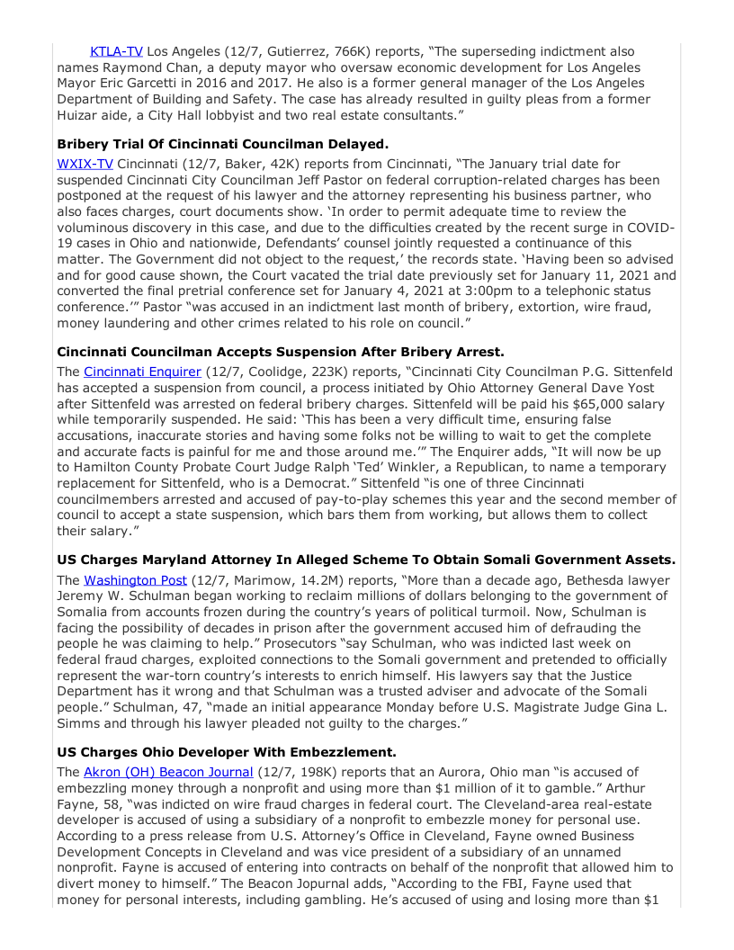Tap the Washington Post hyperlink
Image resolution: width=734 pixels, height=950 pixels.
coord(135,580)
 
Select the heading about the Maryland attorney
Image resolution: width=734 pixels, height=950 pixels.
coord(366,560)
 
